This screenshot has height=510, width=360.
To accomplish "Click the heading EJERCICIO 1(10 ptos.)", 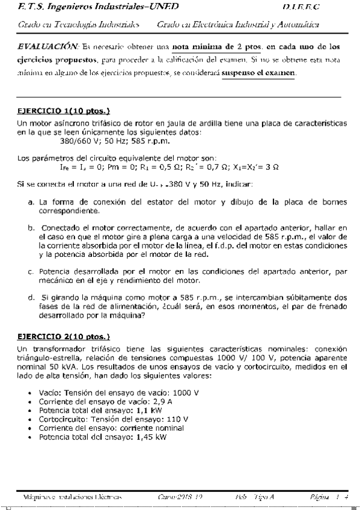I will pos(63,111).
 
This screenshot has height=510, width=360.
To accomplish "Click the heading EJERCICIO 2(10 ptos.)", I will pos(63,337).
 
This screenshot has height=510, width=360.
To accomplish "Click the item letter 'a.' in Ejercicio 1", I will pos(31,203).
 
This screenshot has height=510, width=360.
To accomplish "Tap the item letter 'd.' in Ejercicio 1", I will pos(31,297).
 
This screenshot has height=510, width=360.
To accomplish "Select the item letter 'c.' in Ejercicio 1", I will pos(31,271).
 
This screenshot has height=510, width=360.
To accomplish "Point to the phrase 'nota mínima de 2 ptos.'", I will pos(218,46).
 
